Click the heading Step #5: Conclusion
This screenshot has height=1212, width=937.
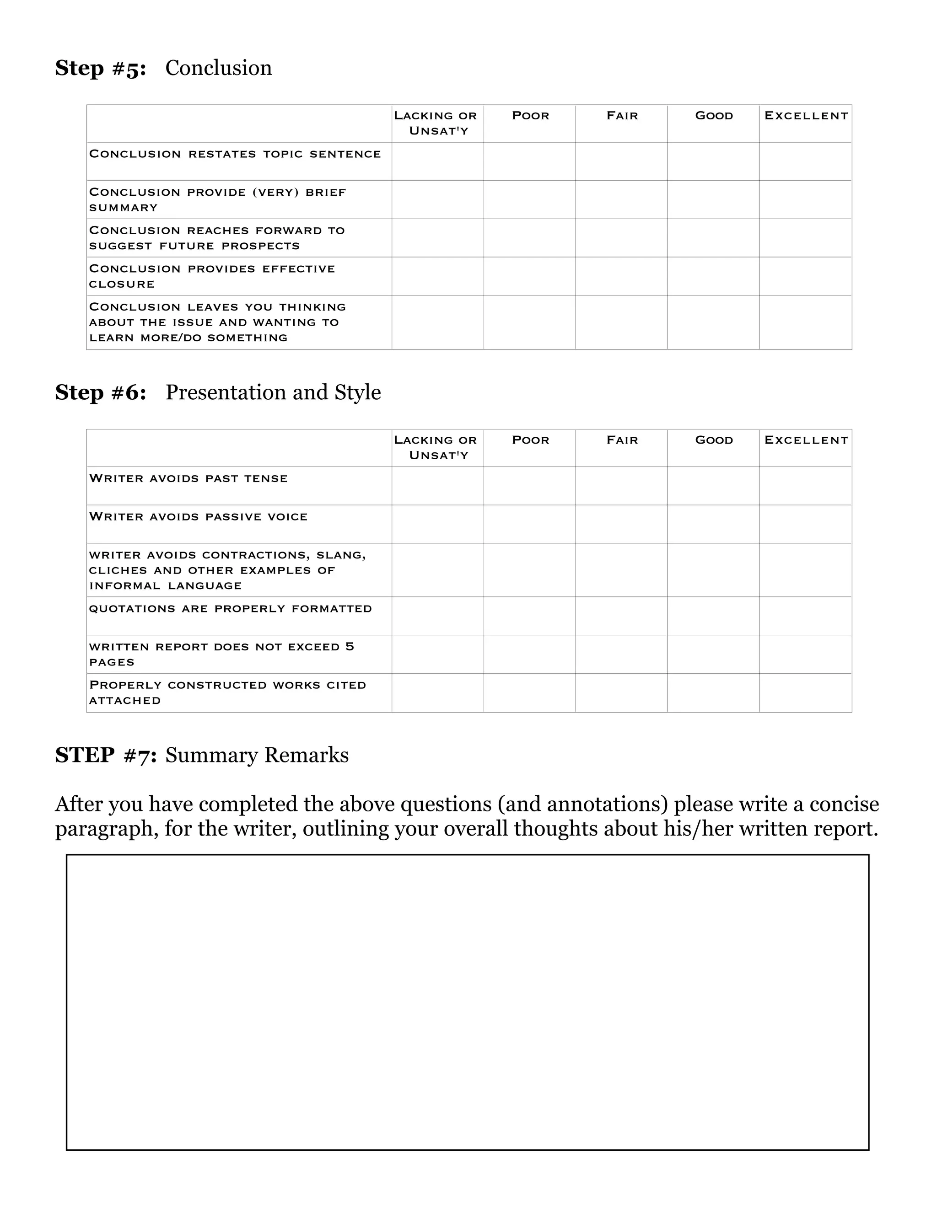pos(163,68)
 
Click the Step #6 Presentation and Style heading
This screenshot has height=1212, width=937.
pos(218,392)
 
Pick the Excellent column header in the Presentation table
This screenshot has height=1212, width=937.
pos(805,440)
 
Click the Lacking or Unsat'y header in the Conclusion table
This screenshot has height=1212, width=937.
pos(437,123)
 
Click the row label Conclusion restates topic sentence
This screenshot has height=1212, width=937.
pos(235,154)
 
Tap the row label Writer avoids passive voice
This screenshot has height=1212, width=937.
pos(198,517)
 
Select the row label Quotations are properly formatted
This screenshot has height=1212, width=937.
pos(231,609)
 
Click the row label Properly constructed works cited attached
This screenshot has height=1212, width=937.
pos(227,692)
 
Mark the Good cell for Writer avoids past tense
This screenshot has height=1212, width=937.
pos(713,486)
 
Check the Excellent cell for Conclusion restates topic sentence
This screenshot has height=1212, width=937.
pos(805,161)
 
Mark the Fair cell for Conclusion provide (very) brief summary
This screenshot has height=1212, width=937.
pos(621,199)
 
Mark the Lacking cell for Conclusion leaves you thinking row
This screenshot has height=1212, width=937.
pos(437,322)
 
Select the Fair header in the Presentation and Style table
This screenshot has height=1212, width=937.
pos(622,440)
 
